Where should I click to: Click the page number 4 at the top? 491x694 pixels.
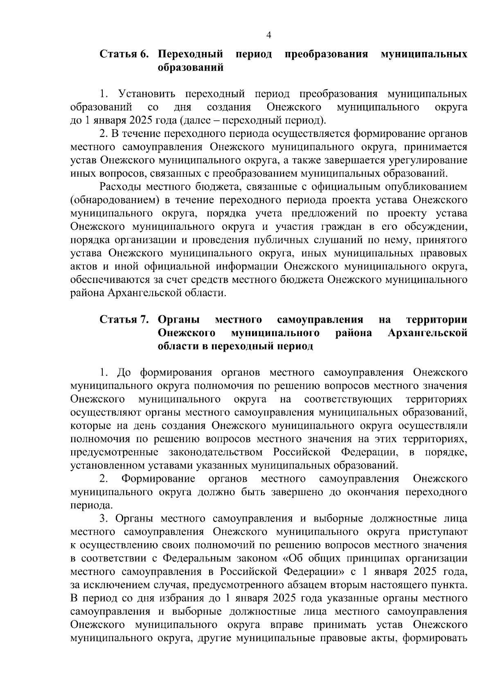point(269,36)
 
